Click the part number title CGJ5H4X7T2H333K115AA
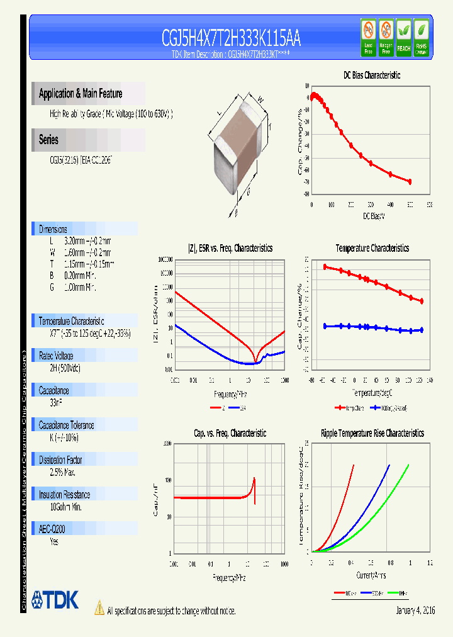(231, 38)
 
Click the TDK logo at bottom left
(55, 599)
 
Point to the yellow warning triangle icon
(99, 608)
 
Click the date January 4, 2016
(415, 611)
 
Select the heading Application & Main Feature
(81, 94)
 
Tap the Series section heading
(48, 140)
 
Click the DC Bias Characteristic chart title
(371, 75)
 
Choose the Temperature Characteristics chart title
(372, 248)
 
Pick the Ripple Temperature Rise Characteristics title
(372, 433)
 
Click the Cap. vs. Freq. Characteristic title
(230, 433)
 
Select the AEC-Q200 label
(56, 529)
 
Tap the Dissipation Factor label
(60, 460)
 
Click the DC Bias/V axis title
(373, 216)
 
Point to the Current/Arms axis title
(371, 575)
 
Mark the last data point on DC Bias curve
(410, 181)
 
